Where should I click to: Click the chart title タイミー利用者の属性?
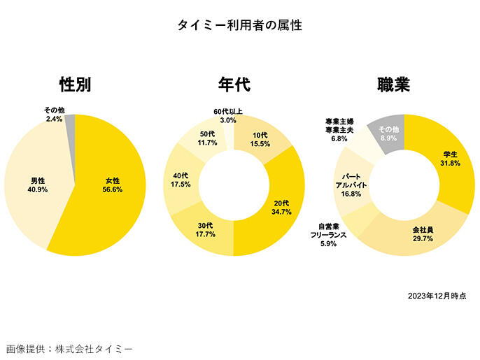[x=240, y=25]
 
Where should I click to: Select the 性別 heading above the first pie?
[x=75, y=85]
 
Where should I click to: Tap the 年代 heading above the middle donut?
[x=234, y=85]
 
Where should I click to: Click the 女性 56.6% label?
[x=112, y=184]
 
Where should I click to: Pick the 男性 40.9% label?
[x=38, y=184]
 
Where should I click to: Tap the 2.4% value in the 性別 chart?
[x=55, y=120]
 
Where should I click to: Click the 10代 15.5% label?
[x=260, y=138]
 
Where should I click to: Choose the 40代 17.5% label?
[x=181, y=180]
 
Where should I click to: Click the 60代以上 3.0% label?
[x=228, y=115]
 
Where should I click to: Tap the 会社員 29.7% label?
[x=423, y=233]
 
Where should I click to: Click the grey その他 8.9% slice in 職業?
[x=389, y=134]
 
